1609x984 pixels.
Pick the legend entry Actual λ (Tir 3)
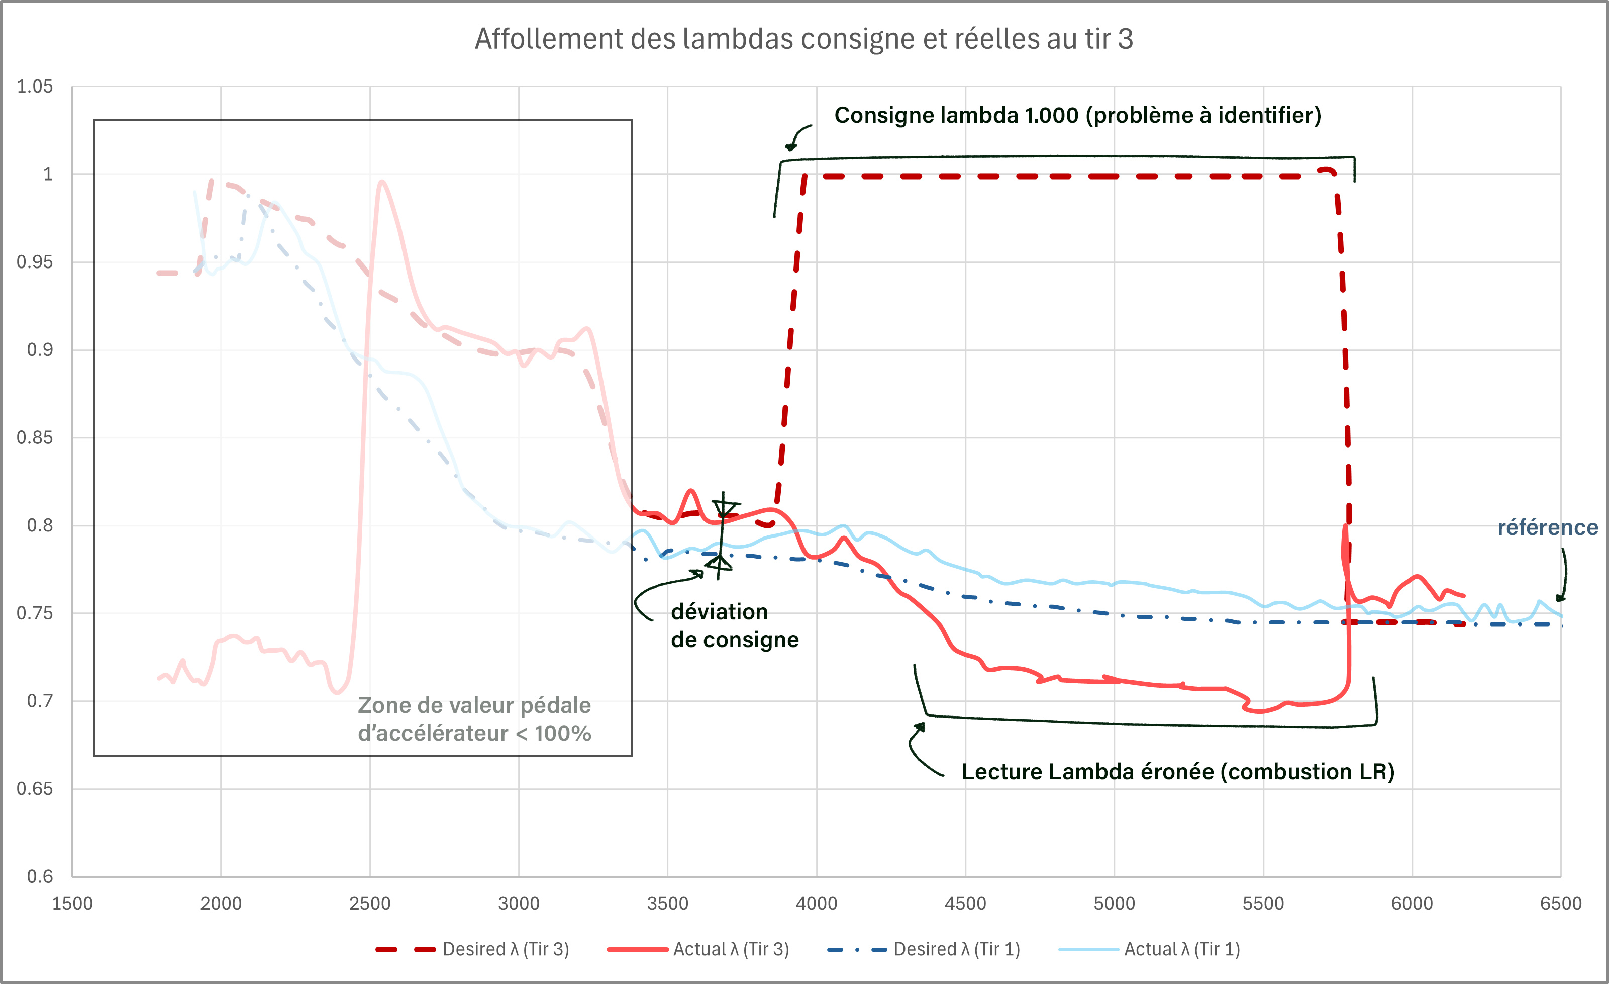[731, 949]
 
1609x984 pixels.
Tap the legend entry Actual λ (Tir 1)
[1181, 949]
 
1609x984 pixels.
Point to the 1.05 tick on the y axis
[35, 86]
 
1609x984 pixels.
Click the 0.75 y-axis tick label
[35, 613]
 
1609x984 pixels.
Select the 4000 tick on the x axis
[816, 903]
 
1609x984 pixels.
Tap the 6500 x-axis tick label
[1561, 903]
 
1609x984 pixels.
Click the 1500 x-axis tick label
[72, 903]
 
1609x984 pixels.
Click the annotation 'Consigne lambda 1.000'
[1077, 115]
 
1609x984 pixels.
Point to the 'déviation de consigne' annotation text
[735, 625]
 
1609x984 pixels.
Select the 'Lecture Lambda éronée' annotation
[1178, 772]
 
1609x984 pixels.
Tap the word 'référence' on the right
[1548, 527]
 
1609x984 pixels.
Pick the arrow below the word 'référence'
[1563, 575]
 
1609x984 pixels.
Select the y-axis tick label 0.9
[39, 349]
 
